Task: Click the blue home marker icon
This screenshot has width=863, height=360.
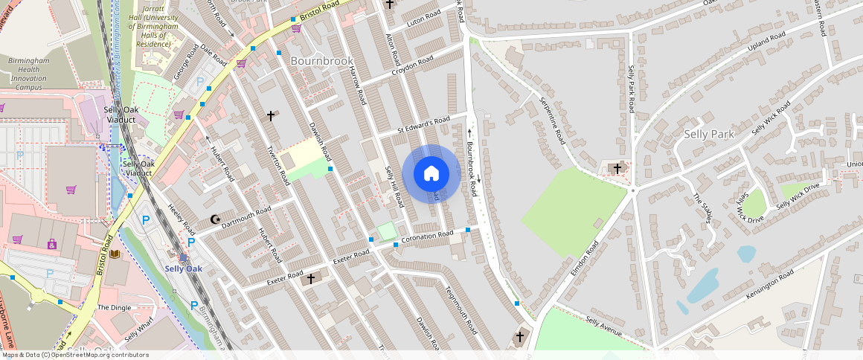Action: coord(431,174)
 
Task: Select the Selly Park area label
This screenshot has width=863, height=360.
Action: coord(709,134)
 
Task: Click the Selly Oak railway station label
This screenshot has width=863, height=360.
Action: coord(183,269)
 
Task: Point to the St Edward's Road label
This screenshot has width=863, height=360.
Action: coord(423,124)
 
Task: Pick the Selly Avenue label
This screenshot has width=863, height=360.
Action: coord(603,325)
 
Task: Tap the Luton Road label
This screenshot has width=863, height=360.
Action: coord(425,20)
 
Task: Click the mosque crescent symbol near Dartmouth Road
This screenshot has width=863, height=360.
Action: coord(216,219)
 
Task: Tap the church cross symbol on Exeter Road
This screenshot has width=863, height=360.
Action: coord(311,278)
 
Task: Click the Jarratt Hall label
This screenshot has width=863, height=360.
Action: coord(153,28)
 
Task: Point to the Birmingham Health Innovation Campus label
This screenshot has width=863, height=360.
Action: coord(28,74)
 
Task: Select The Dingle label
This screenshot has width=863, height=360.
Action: coord(114,307)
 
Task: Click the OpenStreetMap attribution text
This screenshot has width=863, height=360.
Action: coord(74,355)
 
